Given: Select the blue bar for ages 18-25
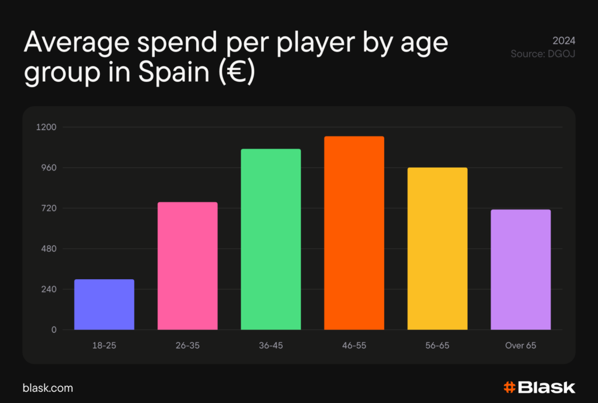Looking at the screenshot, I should tap(104, 304).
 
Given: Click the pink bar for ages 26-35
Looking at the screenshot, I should tap(187, 266).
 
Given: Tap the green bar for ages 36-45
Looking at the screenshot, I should tap(271, 239).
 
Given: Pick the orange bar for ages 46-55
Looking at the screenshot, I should tap(354, 233).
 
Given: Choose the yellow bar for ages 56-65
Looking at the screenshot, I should tap(437, 249).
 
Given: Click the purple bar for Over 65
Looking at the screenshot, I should tap(520, 270).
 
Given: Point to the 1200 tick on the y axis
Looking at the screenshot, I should tap(46, 127).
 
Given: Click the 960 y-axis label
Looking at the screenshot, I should tap(48, 168).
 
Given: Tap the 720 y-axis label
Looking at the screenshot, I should tap(48, 209).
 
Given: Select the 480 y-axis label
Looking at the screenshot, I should tap(48, 249).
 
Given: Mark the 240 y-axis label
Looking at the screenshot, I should tap(48, 290).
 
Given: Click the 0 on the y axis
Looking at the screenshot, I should tap(54, 330).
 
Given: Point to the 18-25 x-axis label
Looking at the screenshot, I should tap(104, 346).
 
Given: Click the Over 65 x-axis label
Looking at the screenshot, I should tap(520, 346).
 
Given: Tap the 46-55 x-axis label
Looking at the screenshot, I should tap(354, 346).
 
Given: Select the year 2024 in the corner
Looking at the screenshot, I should tap(564, 41).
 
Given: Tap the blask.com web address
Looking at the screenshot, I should tap(48, 388).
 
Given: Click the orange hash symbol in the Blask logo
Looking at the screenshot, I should tap(509, 387).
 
